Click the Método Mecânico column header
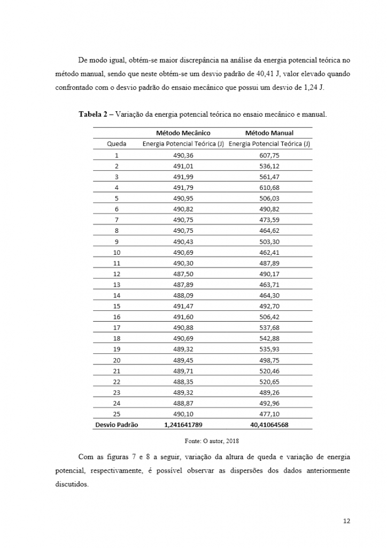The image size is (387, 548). click(183, 133)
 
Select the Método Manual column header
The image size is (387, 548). click(269, 133)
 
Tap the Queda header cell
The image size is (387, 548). click(117, 144)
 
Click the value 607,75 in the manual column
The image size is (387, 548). click(269, 155)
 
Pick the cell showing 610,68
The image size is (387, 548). click(269, 188)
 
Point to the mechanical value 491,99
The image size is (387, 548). click(183, 177)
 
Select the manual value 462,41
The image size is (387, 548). click(269, 252)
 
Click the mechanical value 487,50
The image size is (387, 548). click(183, 274)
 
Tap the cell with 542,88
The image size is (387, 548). click(269, 338)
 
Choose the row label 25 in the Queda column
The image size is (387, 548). click(117, 414)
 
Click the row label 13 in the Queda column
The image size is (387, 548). click(117, 285)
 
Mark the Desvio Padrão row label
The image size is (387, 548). click(116, 425)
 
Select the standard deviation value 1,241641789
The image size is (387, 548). click(183, 425)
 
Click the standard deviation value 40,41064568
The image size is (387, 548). click(269, 425)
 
